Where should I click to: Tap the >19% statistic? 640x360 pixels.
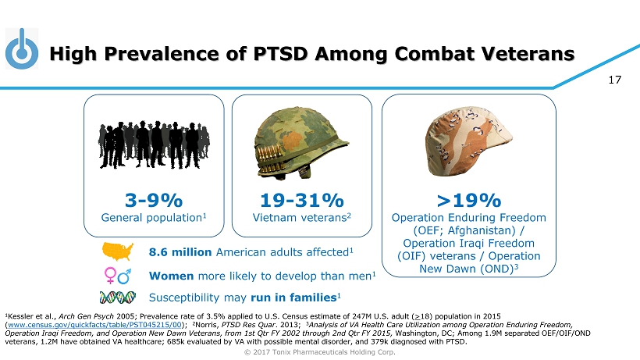[468, 200]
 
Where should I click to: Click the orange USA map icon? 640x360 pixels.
[119, 252]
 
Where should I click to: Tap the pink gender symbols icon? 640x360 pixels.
[119, 275]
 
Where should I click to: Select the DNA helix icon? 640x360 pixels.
[119, 298]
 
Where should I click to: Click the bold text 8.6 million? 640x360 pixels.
[180, 252]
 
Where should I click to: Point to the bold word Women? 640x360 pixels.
[172, 275]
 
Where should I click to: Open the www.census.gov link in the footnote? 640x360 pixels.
[94, 323]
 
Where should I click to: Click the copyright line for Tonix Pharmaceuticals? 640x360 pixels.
[319, 351]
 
